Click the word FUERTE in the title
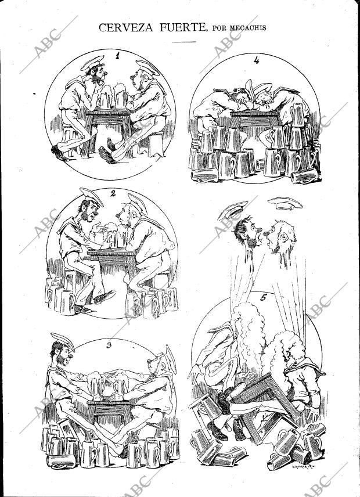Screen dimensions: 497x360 pos(178,27)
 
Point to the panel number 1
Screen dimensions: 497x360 pos(118,56)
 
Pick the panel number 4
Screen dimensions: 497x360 pos(256,60)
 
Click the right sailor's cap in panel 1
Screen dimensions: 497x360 pos(149,67)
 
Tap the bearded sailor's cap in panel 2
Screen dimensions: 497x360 pos(91,196)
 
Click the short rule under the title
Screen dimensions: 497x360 pos(183,42)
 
